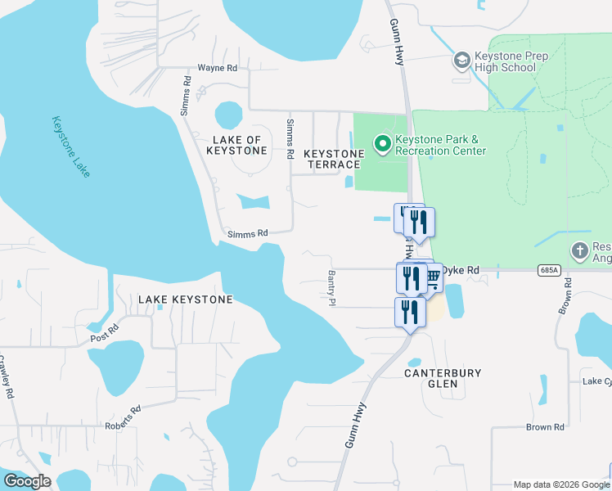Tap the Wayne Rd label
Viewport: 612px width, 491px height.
[218, 69]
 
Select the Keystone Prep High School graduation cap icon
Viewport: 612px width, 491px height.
[462, 61]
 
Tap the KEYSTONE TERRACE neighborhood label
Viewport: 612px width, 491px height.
[334, 160]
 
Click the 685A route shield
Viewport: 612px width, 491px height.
[550, 269]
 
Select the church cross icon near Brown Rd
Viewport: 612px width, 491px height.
[580, 250]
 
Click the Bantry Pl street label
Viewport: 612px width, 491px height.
[332, 288]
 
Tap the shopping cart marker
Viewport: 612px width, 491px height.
[431, 277]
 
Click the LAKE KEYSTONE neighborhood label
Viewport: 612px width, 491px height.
[185, 300]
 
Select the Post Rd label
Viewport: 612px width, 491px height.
[105, 333]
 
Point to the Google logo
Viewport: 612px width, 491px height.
[27, 481]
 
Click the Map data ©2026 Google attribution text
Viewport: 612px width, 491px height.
[560, 484]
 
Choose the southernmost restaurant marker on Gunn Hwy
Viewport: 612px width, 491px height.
[410, 312]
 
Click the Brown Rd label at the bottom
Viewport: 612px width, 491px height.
[545, 427]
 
